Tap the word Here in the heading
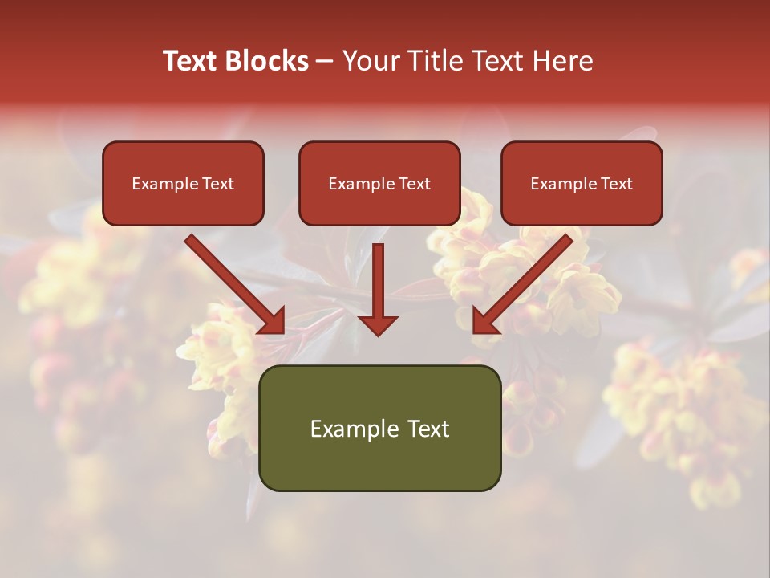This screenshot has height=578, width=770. (561, 61)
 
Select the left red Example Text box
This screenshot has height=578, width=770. (183, 184)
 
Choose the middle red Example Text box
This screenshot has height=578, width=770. (379, 184)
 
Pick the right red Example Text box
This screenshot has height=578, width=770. (582, 184)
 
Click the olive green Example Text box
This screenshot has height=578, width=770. (379, 429)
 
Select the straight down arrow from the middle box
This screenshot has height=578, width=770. (378, 281)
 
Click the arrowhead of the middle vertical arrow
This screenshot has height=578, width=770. (378, 324)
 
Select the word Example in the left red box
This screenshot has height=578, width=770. (160, 184)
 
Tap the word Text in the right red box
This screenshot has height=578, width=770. (616, 184)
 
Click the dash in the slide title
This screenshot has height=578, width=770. (325, 61)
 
